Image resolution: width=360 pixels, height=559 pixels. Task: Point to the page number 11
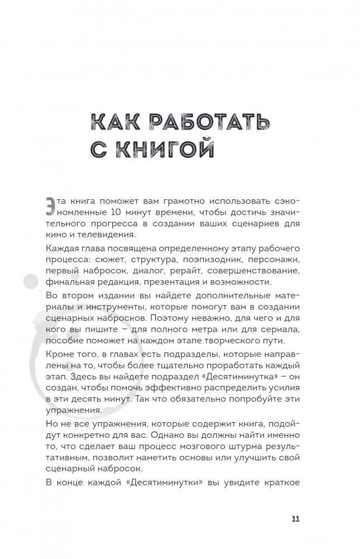[295, 518]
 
